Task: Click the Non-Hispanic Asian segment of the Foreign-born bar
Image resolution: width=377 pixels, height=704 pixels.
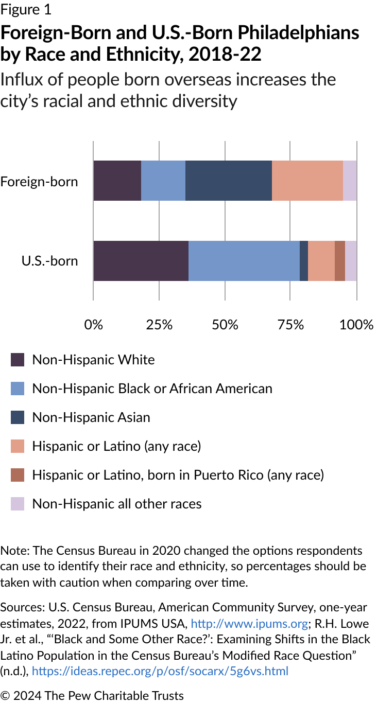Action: pos(228,181)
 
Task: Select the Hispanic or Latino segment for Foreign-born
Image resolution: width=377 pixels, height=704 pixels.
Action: pos(307,181)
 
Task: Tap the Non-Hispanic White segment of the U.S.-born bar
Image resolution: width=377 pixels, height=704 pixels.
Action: pos(141,261)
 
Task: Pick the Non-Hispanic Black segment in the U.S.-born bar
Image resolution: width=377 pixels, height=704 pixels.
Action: pos(244,261)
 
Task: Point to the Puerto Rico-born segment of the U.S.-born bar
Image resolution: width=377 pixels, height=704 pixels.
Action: pos(340,261)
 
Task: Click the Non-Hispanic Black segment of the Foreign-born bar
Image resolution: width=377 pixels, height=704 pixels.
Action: pos(163,181)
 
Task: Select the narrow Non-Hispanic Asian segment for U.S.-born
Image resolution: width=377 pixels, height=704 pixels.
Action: pos(304,261)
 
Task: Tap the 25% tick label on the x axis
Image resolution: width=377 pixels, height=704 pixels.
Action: pos(159,325)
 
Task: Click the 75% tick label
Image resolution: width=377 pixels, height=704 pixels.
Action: pos(290,325)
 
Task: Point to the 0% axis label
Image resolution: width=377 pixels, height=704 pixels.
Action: pos(93,325)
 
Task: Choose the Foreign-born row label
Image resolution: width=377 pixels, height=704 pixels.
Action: pos(39,182)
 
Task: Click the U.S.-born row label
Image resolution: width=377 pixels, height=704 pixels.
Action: pos(49,261)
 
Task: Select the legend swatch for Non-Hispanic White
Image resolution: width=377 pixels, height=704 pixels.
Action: pos(18,360)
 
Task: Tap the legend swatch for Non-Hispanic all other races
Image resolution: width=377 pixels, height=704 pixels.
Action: pos(18,504)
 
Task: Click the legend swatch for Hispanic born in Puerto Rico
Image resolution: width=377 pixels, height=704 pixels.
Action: pos(18,475)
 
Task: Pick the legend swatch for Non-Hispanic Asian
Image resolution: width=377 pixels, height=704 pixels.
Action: pos(18,417)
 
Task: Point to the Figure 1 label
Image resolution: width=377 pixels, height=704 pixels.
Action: pos(26,9)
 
